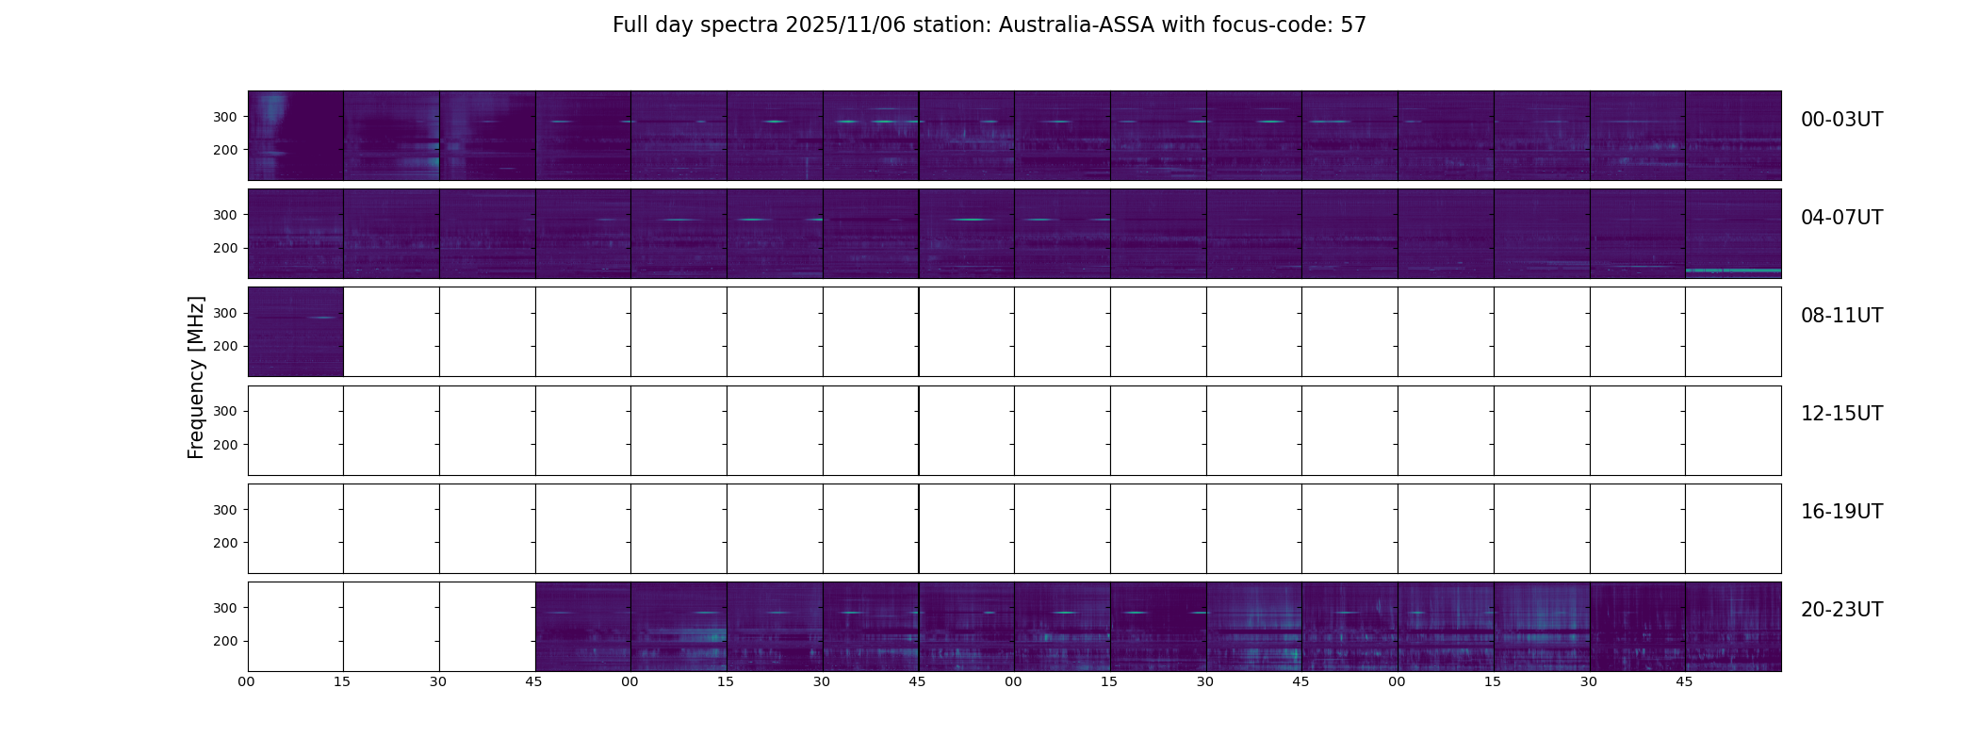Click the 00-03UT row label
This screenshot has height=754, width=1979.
(1841, 120)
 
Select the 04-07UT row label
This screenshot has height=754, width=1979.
(1841, 218)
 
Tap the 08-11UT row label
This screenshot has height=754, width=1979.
(1841, 316)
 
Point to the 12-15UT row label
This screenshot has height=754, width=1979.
(1841, 414)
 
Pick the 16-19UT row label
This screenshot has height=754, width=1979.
(1841, 512)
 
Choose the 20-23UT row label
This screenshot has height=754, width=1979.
(1841, 610)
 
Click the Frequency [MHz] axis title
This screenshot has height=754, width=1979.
(196, 377)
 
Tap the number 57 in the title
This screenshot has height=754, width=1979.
(1353, 25)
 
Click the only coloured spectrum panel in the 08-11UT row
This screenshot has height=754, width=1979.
(295, 332)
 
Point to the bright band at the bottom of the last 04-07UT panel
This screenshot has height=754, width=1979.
(1732, 271)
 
